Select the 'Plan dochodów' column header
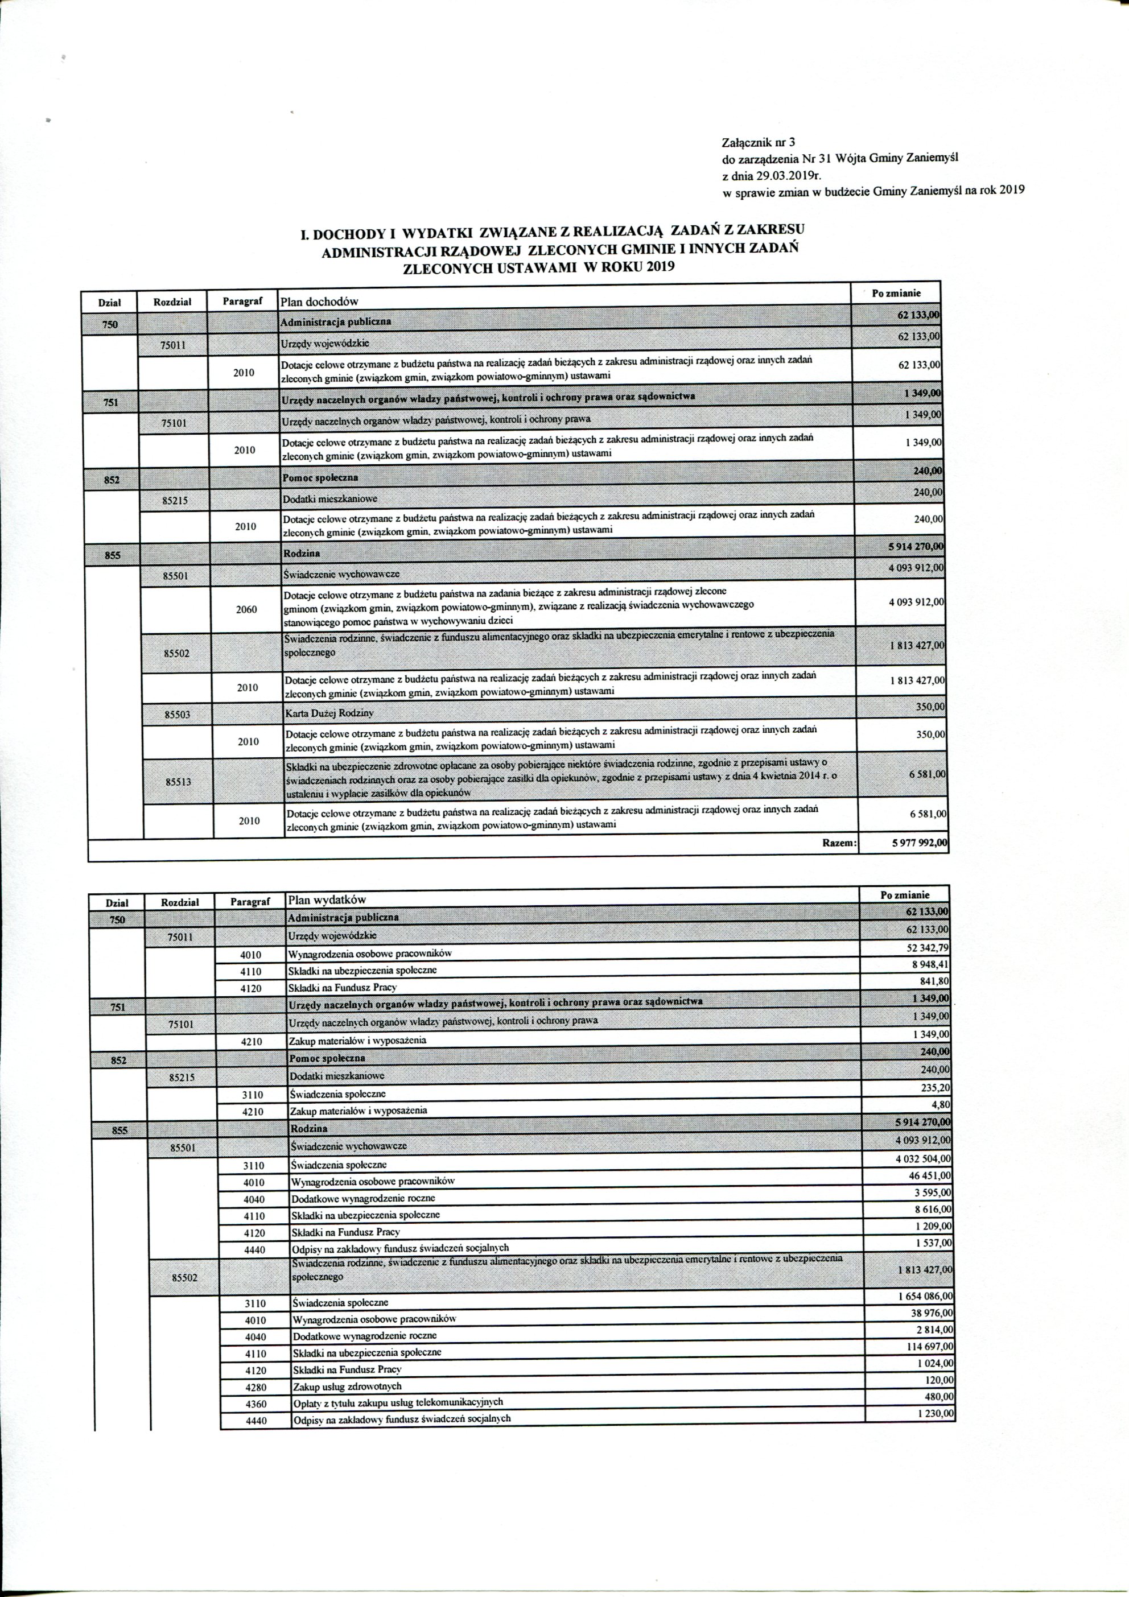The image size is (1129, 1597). (x=319, y=301)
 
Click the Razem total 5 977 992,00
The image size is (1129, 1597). (x=919, y=843)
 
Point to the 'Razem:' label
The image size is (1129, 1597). (x=839, y=843)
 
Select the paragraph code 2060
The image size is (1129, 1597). (x=246, y=609)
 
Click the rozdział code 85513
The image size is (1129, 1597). (x=178, y=781)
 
